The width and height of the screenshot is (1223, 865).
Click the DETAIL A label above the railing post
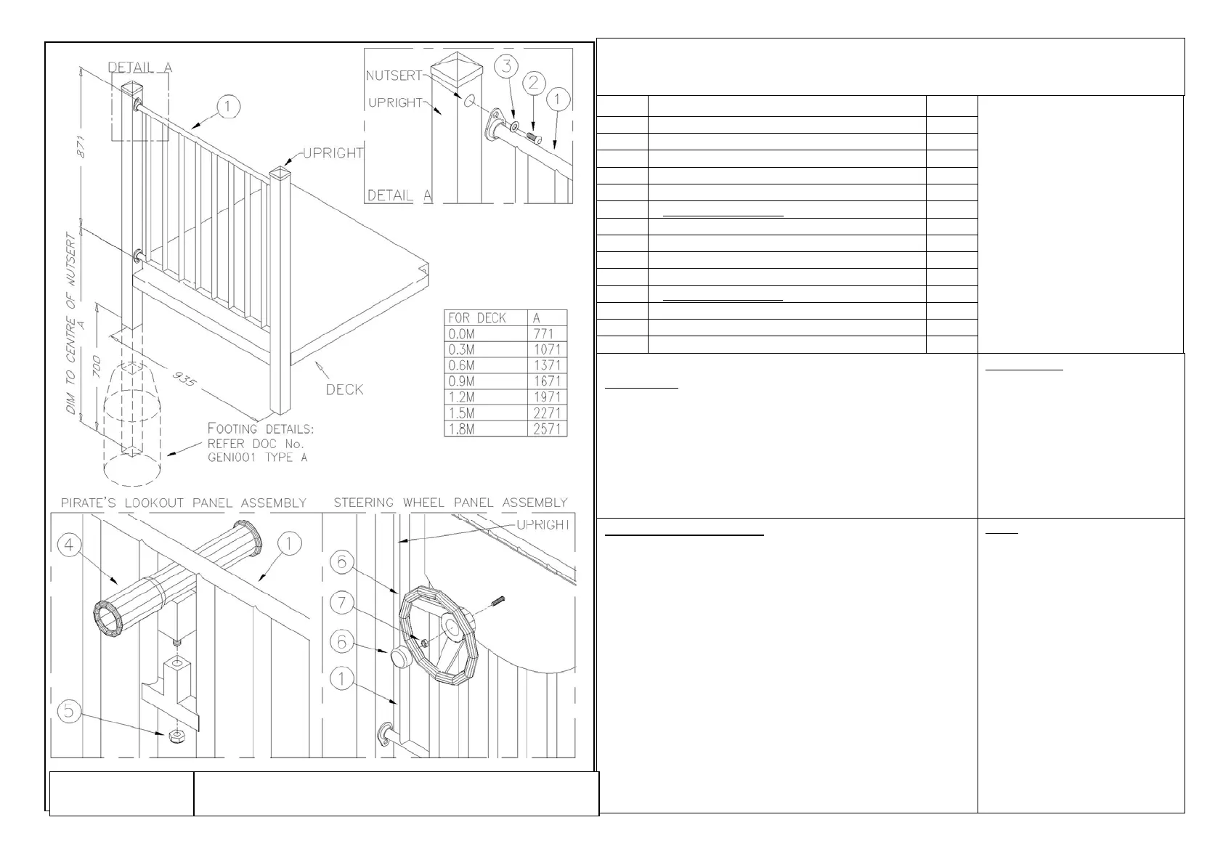[x=140, y=68]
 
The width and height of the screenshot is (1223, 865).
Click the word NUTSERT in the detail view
[x=394, y=76]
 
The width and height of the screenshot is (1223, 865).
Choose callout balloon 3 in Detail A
[x=507, y=66]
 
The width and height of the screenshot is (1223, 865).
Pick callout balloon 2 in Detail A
[x=534, y=82]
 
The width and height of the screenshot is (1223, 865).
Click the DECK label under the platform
[x=344, y=389]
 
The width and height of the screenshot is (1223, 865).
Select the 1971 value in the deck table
[x=547, y=397]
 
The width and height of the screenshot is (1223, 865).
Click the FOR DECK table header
[x=478, y=318]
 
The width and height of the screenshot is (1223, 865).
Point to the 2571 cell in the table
[x=547, y=429]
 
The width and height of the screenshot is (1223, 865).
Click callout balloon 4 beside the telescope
[x=69, y=545]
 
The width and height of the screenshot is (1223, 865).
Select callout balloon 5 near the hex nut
[x=69, y=710]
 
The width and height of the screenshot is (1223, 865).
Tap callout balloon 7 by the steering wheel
[x=342, y=602]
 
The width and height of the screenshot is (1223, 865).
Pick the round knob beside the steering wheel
[x=400, y=658]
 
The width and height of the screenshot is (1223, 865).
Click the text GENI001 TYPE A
[x=251, y=457]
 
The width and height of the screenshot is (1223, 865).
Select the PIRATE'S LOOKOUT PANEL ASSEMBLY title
[x=183, y=503]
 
